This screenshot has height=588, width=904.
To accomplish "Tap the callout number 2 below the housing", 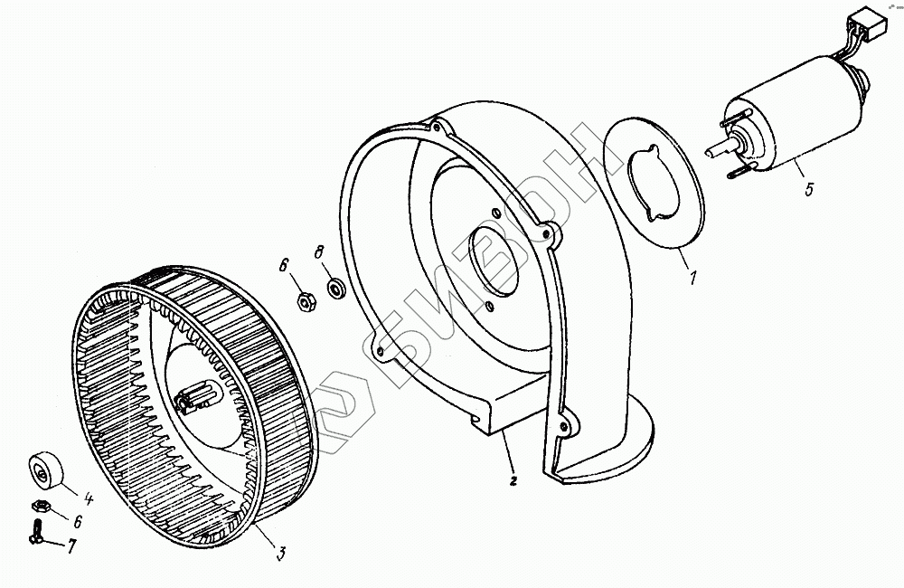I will point(513,481).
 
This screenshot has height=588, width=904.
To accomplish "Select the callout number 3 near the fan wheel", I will point(280,552).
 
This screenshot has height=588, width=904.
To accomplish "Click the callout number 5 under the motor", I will point(809,190).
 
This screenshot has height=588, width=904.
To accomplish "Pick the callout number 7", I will point(72,547).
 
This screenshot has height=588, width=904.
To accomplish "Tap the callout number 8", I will point(318,251).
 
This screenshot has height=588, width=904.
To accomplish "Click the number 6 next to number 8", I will point(283,265).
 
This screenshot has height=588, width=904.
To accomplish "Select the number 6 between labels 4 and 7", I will point(78,522).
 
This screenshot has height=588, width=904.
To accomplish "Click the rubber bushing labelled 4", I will point(45,469).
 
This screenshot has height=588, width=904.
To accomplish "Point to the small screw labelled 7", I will point(37,528).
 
